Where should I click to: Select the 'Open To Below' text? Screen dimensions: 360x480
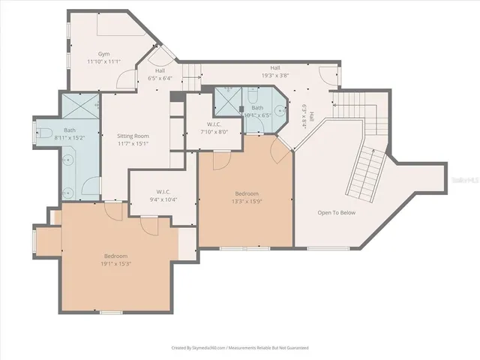(336, 212)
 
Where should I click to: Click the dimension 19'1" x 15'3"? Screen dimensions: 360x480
(115, 263)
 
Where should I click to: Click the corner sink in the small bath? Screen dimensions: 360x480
(280, 111)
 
